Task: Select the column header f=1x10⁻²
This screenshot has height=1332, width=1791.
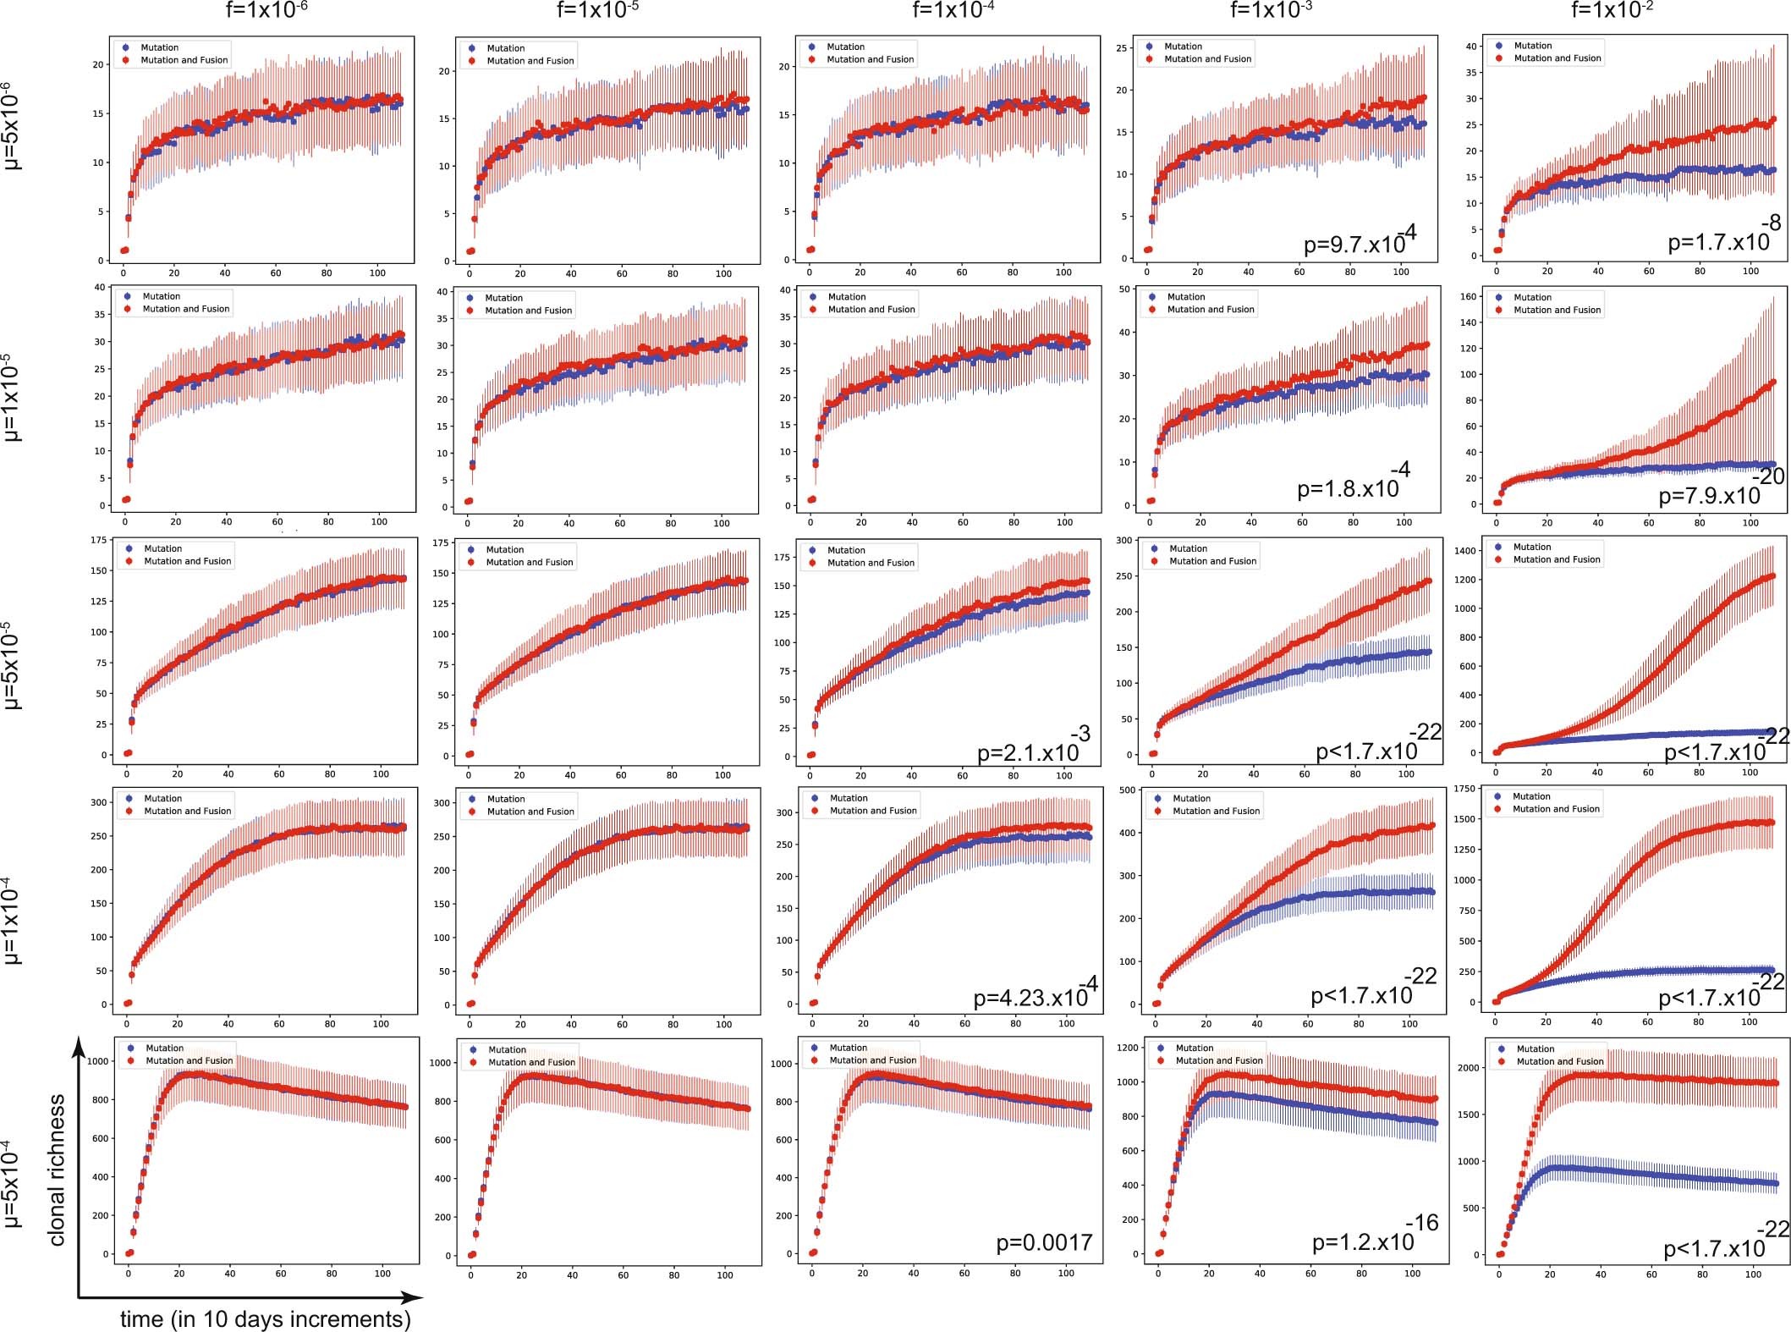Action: [x=1611, y=10]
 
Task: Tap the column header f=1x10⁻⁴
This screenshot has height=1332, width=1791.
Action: [x=953, y=10]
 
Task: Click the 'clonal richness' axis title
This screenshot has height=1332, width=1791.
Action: [x=57, y=1170]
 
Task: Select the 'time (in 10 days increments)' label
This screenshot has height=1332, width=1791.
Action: [x=265, y=1318]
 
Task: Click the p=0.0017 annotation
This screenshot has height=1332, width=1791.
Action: [x=1044, y=1242]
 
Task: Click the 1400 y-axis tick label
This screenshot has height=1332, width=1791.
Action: [x=1465, y=551]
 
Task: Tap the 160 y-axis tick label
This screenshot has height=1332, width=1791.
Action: [x=1467, y=297]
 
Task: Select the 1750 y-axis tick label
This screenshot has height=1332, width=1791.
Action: [x=1464, y=789]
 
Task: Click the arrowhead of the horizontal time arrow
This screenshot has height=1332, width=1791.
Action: [x=413, y=1297]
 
